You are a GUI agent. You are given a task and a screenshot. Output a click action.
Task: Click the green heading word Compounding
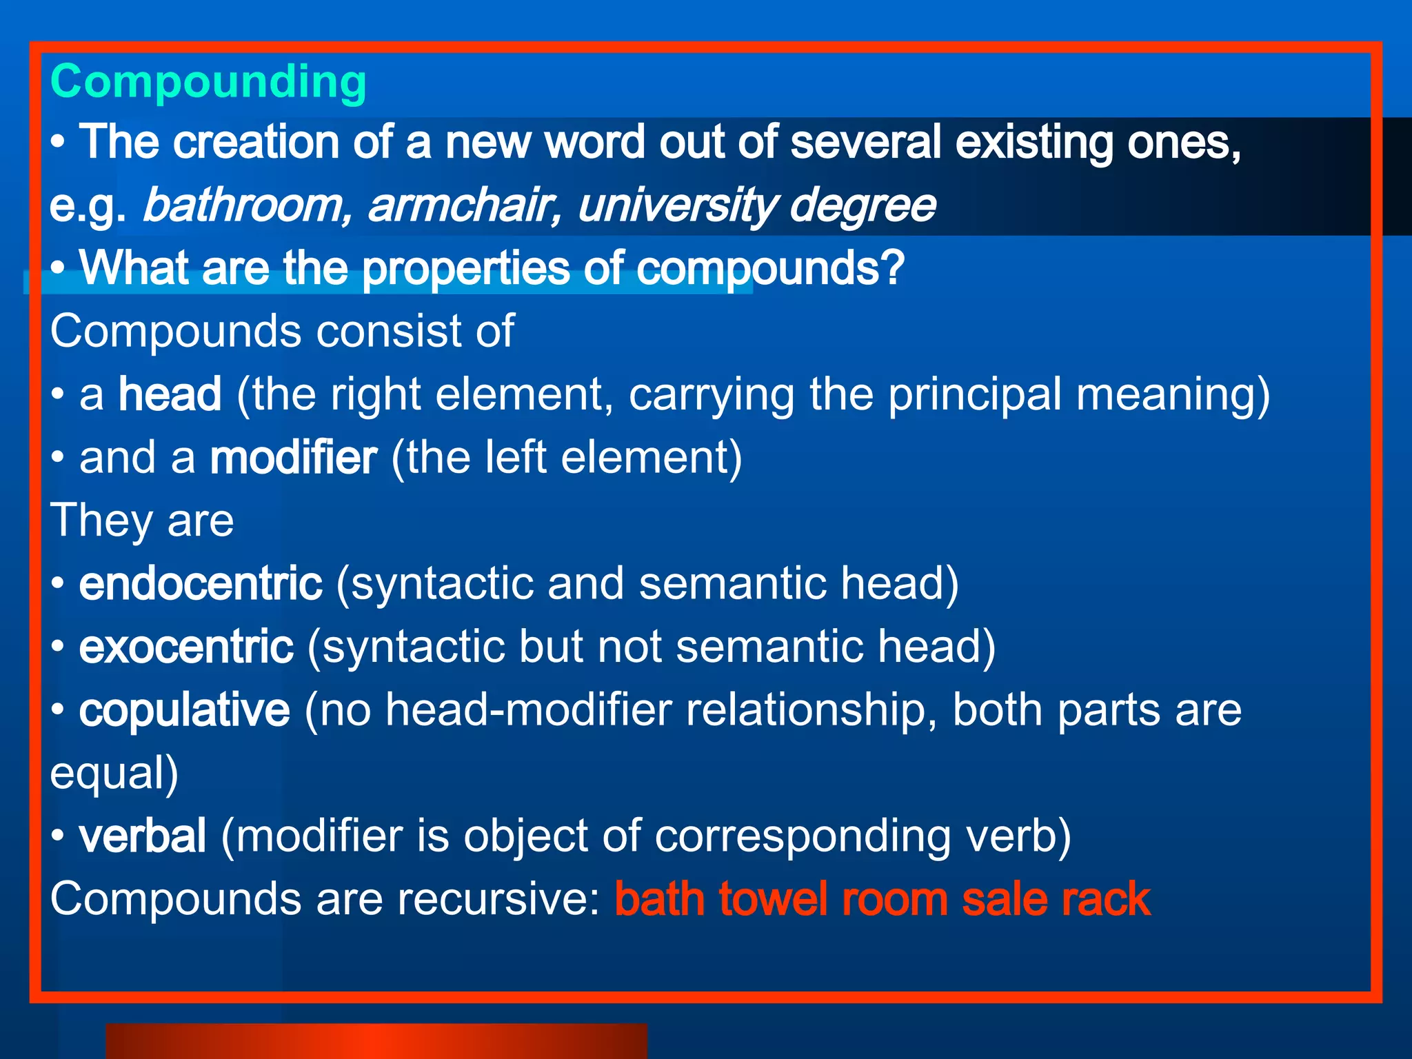click(x=208, y=82)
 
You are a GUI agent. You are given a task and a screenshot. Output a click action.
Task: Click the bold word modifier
click(x=293, y=458)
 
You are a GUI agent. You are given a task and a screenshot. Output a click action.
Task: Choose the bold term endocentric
click(x=201, y=584)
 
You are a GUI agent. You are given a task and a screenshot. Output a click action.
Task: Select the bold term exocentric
click(x=186, y=647)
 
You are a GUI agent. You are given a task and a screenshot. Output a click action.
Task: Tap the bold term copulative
click(x=184, y=710)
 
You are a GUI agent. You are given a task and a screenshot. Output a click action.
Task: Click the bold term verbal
click(x=143, y=836)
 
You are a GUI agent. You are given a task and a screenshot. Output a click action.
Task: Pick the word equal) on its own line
click(x=114, y=774)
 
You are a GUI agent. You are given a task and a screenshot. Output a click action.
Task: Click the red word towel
click(x=772, y=899)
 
